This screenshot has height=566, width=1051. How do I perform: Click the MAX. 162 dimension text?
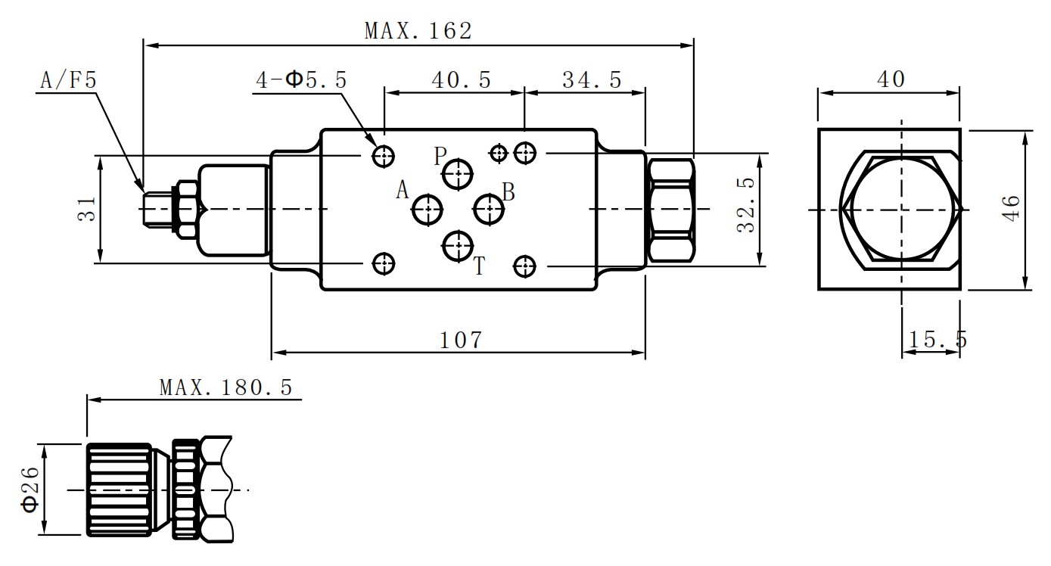418,31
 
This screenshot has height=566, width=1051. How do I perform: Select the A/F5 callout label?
69,79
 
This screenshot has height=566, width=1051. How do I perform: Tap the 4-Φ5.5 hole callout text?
301,79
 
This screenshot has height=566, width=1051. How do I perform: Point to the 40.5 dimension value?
462,79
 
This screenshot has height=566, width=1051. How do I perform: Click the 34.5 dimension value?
592,79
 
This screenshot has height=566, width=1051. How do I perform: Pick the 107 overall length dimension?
460,340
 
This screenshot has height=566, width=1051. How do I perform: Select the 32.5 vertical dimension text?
747,204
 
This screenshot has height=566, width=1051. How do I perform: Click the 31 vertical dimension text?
87,209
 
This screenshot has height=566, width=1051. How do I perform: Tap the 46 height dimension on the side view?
1012,208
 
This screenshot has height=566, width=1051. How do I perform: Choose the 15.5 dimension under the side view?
938,339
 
